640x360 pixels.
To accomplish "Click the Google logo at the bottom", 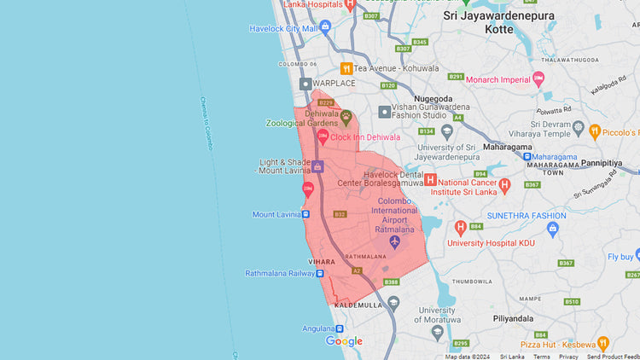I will [x=344, y=341].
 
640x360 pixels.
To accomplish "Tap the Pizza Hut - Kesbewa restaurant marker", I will [x=603, y=344].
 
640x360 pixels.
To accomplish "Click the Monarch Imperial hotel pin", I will [x=538, y=79].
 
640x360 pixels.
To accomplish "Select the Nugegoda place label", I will [x=433, y=99].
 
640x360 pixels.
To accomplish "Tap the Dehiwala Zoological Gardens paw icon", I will [x=346, y=116].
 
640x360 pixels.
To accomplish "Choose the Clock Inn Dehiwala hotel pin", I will [x=323, y=136].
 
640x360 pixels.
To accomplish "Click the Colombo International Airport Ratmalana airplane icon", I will [x=394, y=242].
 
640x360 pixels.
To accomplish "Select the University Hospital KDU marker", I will [x=461, y=227].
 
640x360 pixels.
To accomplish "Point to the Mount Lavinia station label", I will [x=275, y=214].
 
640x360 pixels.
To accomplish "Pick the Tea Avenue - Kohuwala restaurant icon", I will [x=346, y=68].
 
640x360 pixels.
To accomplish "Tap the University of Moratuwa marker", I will [x=393, y=302].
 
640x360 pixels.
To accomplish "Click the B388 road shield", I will [x=392, y=282].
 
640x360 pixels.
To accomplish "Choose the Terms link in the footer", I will [x=541, y=357].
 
